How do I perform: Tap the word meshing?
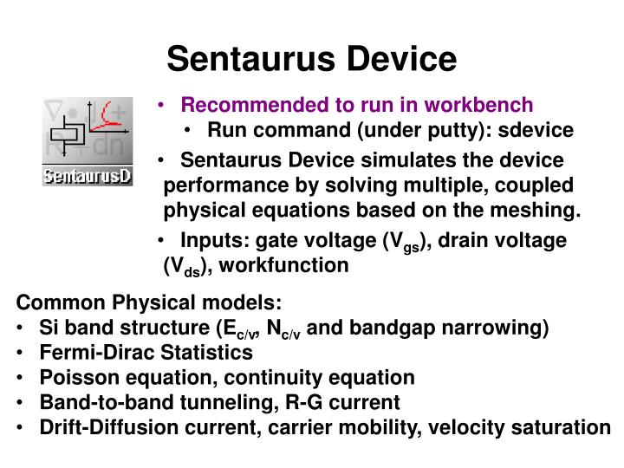[540, 210]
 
